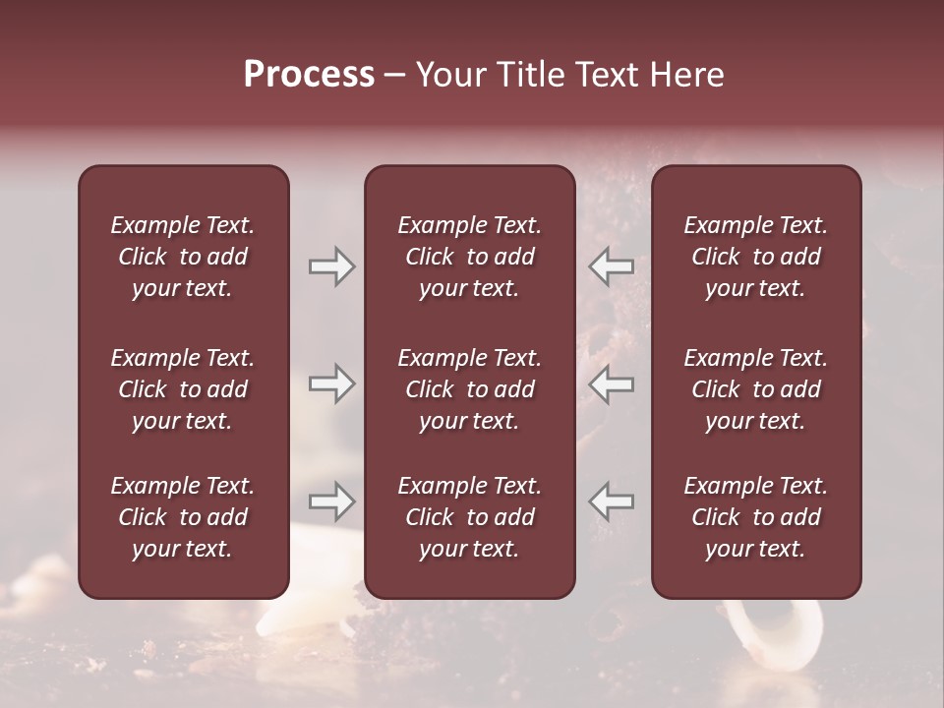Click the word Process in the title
pos(309,75)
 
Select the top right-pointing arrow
pos(332,266)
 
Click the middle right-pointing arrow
pos(332,383)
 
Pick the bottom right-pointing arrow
pos(332,501)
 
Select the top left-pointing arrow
pos(612,266)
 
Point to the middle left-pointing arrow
pos(612,383)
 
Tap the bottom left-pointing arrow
pos(612,501)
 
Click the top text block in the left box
pos(183,257)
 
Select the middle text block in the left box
pos(183,389)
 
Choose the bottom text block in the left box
pos(183,517)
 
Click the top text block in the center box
pos(469,257)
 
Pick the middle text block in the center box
pos(469,389)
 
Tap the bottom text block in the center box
pos(469,517)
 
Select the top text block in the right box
pos(755,257)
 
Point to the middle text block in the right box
pos(755,389)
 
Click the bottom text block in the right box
pos(755,517)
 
